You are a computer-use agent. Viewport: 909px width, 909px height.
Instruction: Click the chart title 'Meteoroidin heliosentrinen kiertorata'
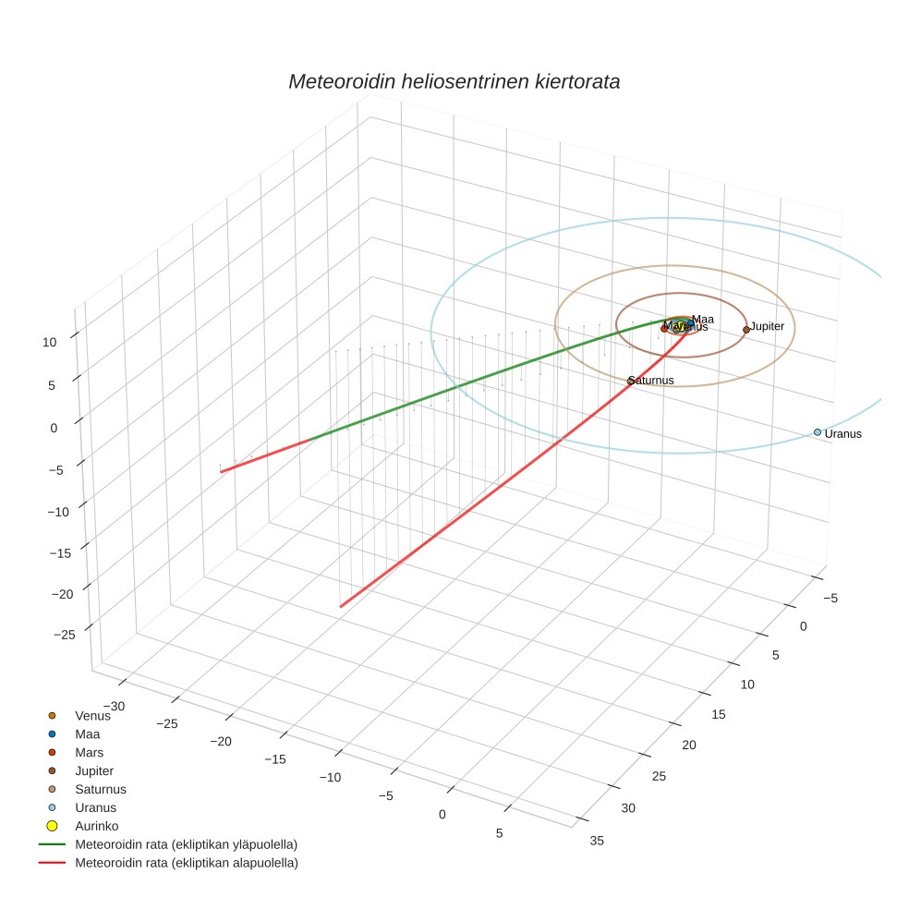point(454,81)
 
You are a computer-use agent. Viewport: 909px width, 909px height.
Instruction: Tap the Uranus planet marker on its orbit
point(818,432)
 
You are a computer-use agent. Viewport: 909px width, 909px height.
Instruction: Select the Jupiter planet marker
point(746,330)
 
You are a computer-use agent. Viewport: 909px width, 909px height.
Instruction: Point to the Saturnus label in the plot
point(651,381)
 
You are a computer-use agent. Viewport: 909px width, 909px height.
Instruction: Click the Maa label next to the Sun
point(703,320)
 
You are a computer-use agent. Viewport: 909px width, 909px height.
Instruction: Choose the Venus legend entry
point(92,716)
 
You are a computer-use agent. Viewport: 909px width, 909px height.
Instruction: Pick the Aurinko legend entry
point(97,826)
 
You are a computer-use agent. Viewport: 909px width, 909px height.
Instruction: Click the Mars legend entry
point(90,753)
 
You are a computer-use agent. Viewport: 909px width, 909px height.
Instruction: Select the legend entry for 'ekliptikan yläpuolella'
point(186,844)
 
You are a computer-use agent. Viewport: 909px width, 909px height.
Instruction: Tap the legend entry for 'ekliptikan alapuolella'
point(186,863)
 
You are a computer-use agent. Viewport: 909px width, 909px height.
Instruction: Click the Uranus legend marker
point(53,807)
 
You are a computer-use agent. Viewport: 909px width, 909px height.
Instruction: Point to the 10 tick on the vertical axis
point(50,342)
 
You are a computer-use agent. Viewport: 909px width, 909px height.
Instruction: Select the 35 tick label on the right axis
point(597,841)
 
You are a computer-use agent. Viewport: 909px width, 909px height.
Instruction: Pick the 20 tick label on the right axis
point(687,745)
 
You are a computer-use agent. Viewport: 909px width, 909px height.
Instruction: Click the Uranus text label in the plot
point(842,434)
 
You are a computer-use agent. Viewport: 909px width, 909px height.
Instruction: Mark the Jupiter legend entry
point(94,771)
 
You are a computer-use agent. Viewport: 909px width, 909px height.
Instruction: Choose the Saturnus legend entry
point(101,789)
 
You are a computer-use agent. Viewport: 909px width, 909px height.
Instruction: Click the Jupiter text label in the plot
point(767,326)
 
